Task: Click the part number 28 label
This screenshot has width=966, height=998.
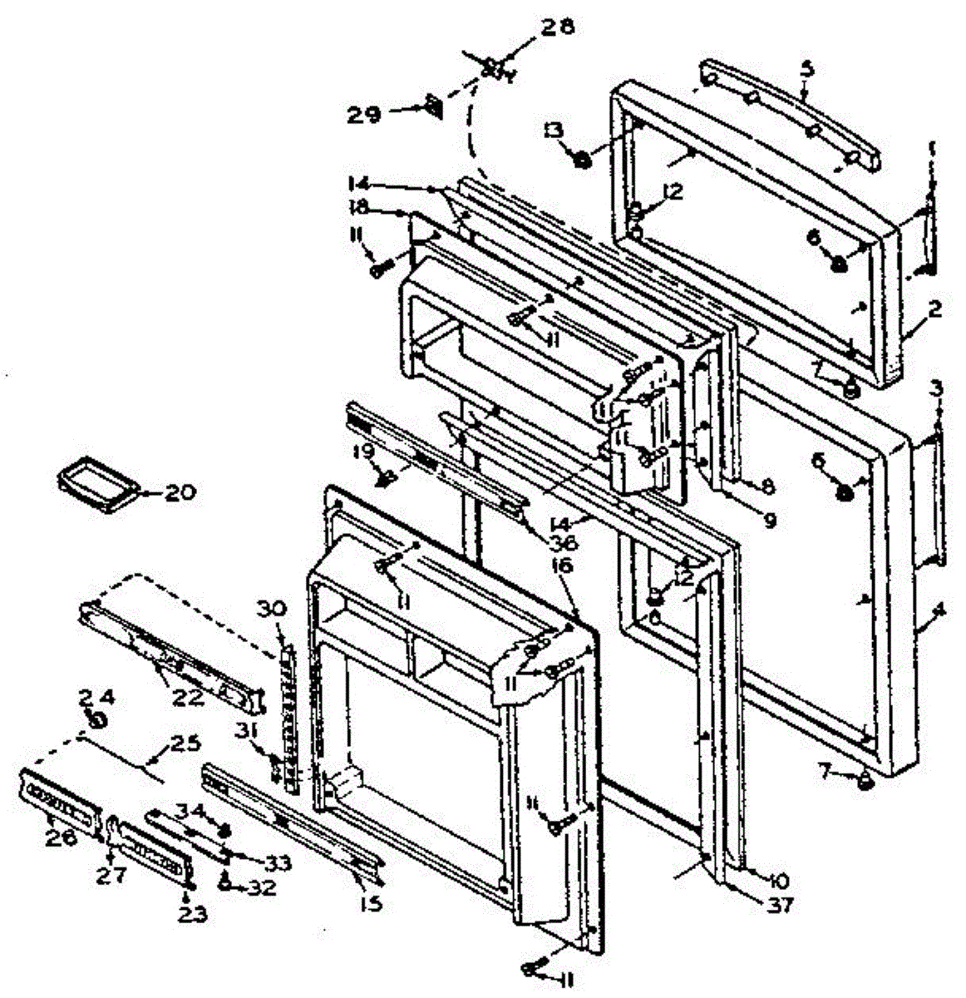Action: pyautogui.click(x=559, y=27)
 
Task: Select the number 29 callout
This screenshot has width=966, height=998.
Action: pyautogui.click(x=365, y=114)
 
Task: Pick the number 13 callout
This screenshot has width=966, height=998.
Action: pyautogui.click(x=553, y=129)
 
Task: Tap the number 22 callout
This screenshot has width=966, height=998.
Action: pyautogui.click(x=188, y=697)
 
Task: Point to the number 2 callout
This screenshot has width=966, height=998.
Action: pyautogui.click(x=935, y=310)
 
